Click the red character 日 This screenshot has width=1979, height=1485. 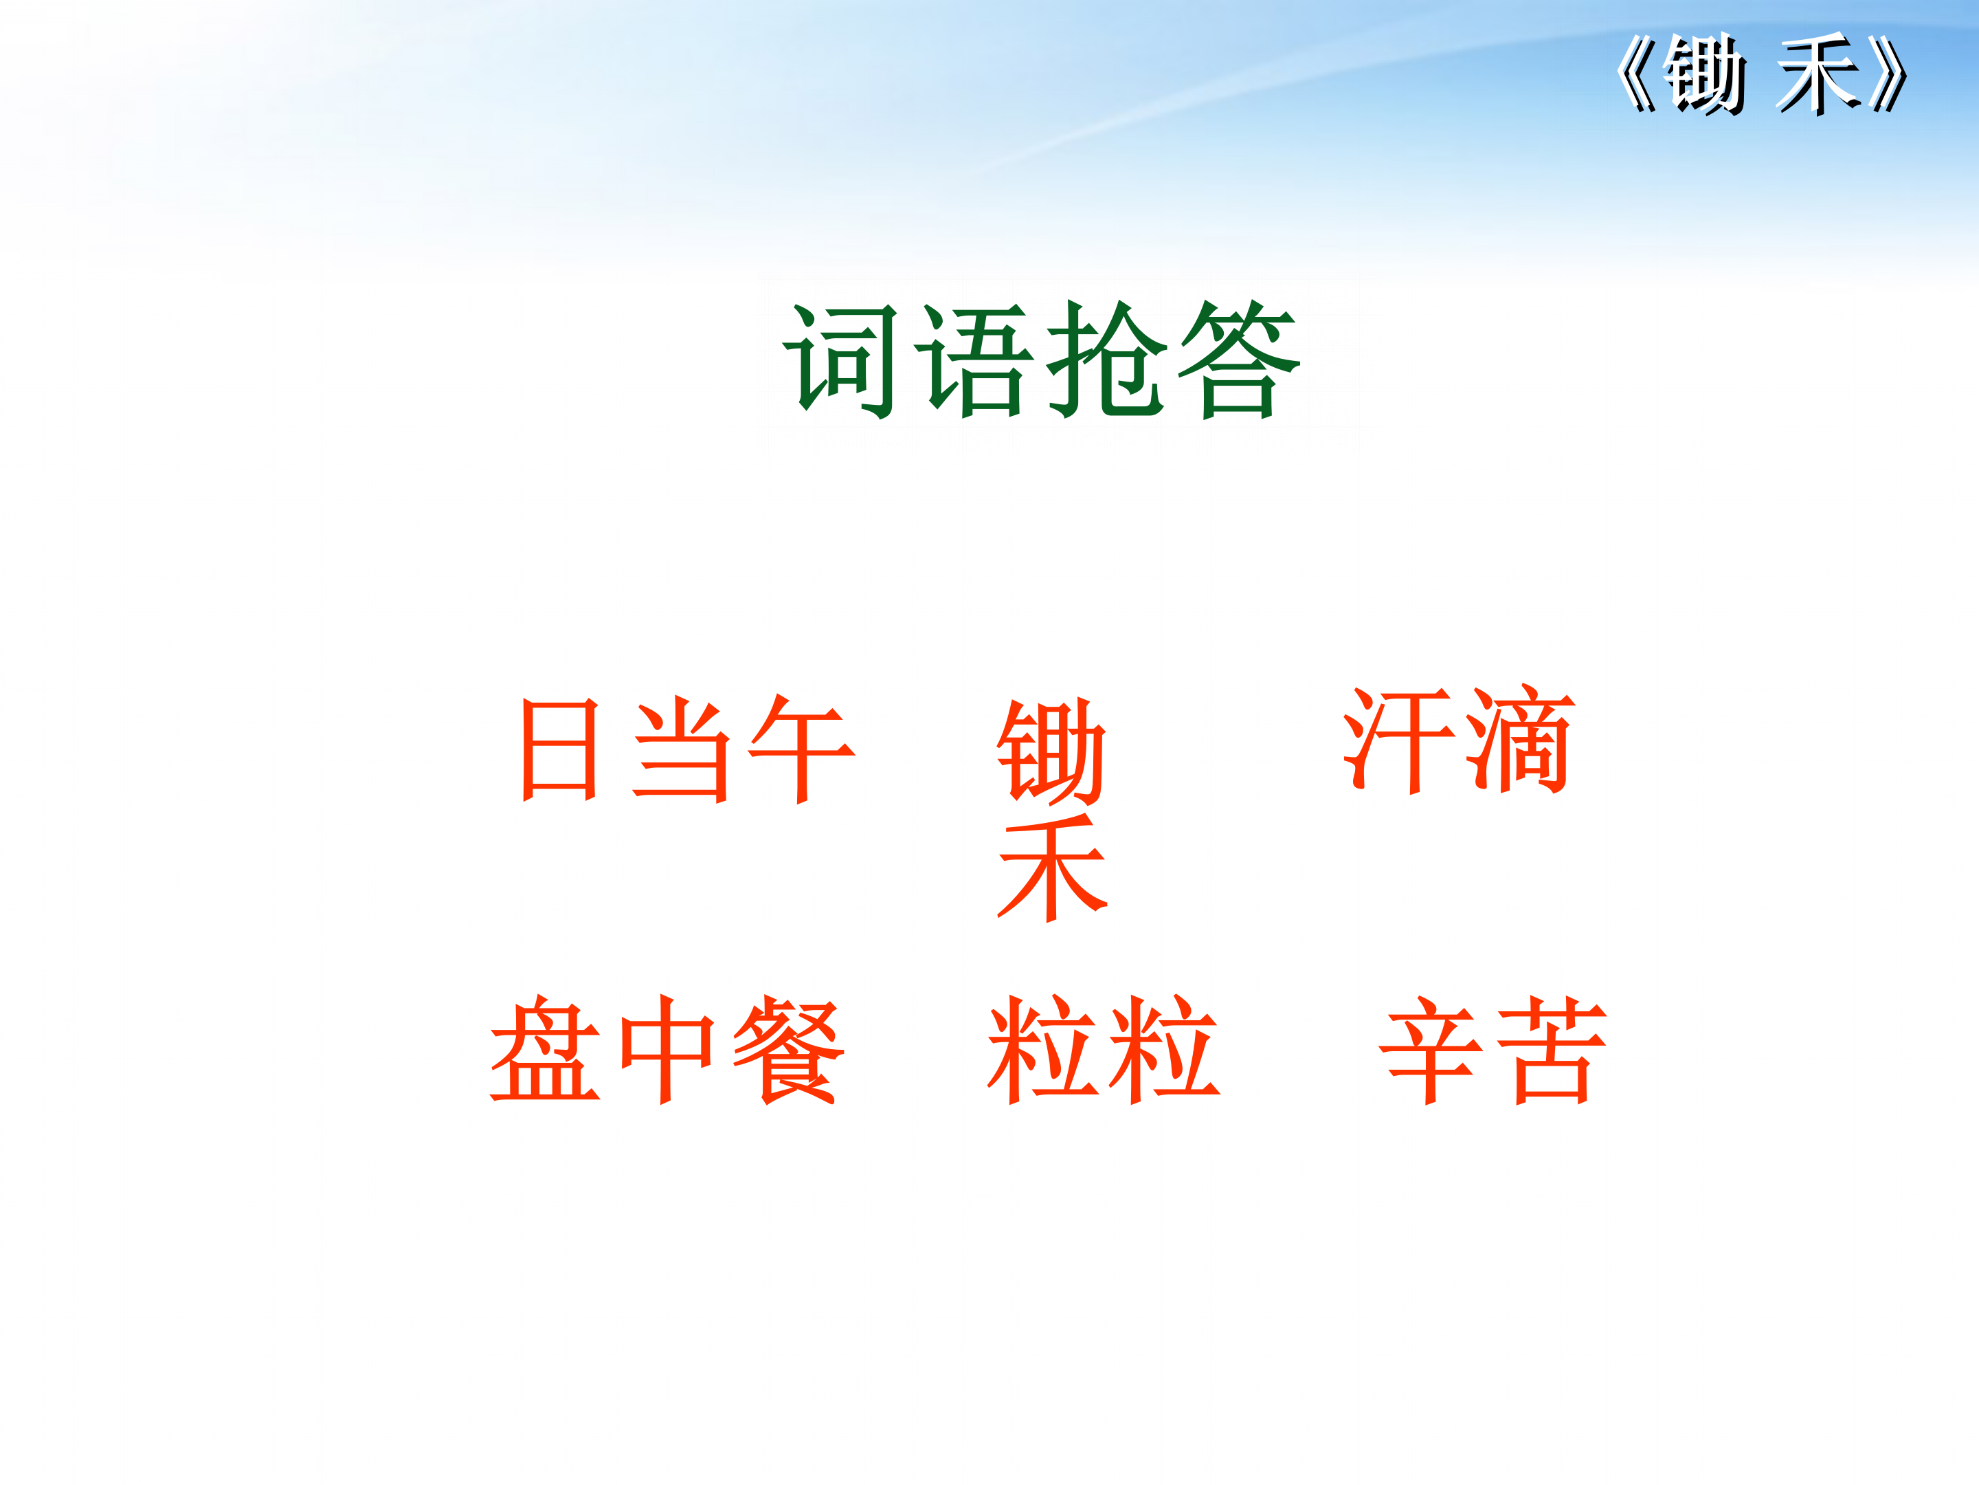tap(559, 749)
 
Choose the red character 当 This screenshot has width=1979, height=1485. tap(682, 749)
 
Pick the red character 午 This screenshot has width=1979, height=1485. tap(802, 749)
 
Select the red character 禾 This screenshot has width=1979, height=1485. tap(1053, 868)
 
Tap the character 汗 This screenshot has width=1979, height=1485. tap(1398, 740)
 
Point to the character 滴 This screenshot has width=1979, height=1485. tap(1520, 740)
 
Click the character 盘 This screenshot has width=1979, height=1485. tap(545, 1048)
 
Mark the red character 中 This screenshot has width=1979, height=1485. tap(667, 1048)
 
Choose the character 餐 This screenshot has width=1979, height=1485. tap(788, 1048)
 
